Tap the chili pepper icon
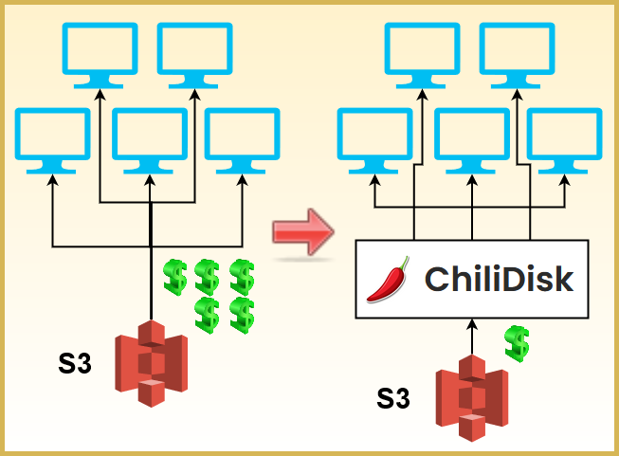(x=388, y=280)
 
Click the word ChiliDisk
(x=499, y=279)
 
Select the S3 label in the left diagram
(x=73, y=362)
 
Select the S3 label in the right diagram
(x=393, y=398)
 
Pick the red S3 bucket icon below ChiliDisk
(x=471, y=398)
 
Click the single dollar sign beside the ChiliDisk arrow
(x=517, y=343)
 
